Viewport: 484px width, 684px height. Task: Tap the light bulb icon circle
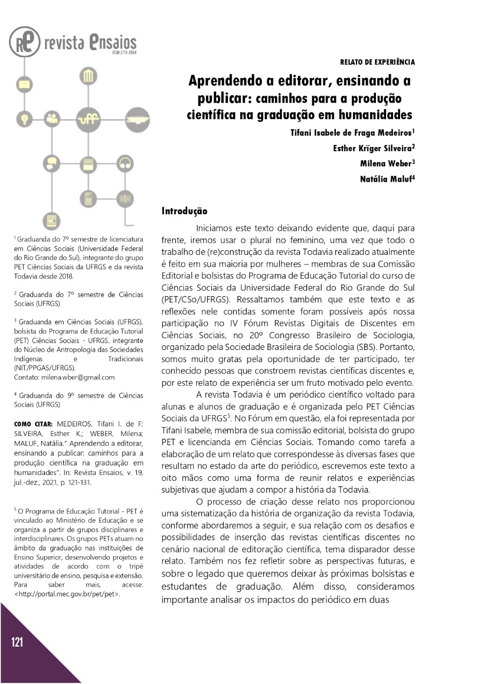click(x=24, y=118)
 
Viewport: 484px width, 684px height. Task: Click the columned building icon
click(x=86, y=77)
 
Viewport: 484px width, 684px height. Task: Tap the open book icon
click(x=125, y=199)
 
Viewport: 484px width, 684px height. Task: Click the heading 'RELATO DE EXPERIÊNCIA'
click(x=377, y=63)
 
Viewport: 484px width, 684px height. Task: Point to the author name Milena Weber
click(x=387, y=164)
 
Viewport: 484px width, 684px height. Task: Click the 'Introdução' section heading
click(x=184, y=212)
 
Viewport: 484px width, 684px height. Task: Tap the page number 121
click(x=17, y=642)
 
